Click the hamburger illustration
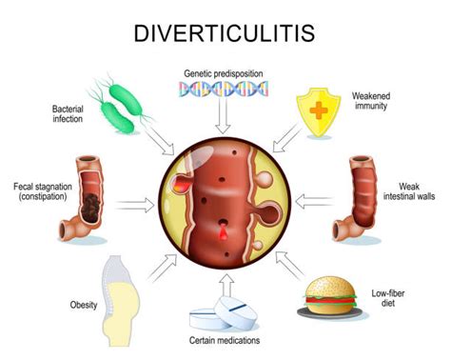329,297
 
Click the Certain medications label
225,341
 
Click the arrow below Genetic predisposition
223,119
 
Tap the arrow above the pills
225,283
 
